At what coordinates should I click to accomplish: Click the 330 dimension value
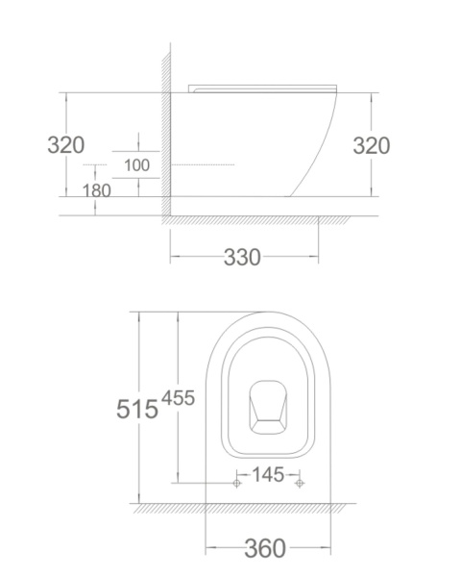coord(242,257)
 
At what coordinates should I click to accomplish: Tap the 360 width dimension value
coord(265,548)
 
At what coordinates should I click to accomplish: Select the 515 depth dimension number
coord(137,409)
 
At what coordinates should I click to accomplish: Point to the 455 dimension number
coord(179,398)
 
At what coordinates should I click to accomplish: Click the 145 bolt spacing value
coord(268,474)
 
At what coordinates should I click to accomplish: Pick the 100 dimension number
coord(136,165)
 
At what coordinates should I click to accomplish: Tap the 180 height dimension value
coord(96,190)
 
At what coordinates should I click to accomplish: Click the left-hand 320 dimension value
coord(66,145)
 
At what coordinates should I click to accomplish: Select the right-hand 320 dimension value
coord(372,146)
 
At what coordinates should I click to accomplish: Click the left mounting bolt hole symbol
coord(237,483)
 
